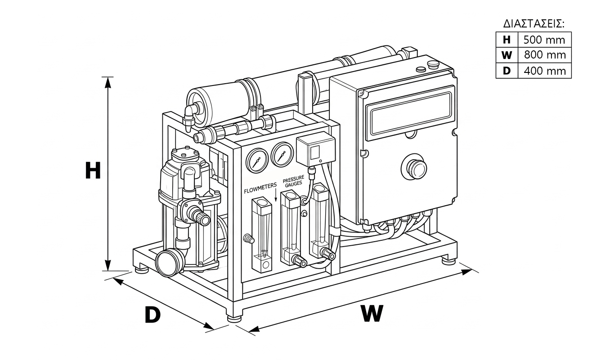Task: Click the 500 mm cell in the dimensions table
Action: pos(544,40)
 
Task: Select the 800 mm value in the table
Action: pos(545,55)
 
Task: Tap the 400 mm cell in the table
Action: pos(545,71)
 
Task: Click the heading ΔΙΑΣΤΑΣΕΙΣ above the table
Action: pos(534,24)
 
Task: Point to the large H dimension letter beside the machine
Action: pos(93,171)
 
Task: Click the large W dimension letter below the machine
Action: pos(372,313)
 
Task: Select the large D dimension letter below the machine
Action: pos(152,315)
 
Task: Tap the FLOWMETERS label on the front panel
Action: pos(260,188)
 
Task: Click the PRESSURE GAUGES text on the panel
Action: pos(294,181)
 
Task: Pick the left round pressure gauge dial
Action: pos(257,161)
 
